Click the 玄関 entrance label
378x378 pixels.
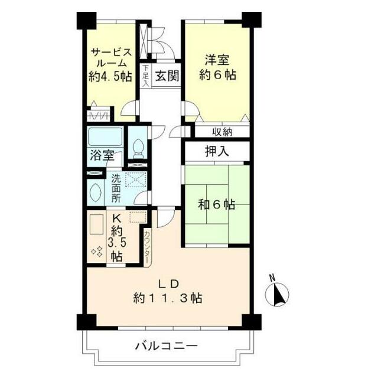[x=168, y=76]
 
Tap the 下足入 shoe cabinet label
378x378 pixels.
[x=145, y=76]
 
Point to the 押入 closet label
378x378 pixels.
[x=216, y=152]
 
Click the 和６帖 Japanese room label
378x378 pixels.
[x=216, y=205]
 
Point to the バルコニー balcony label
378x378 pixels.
[x=166, y=346]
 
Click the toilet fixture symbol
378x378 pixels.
[x=138, y=146]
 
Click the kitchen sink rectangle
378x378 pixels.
[x=96, y=226]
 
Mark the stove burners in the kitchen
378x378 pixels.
[x=97, y=252]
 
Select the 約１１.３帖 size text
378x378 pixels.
[x=168, y=298]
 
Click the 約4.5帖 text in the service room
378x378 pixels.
[x=110, y=76]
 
